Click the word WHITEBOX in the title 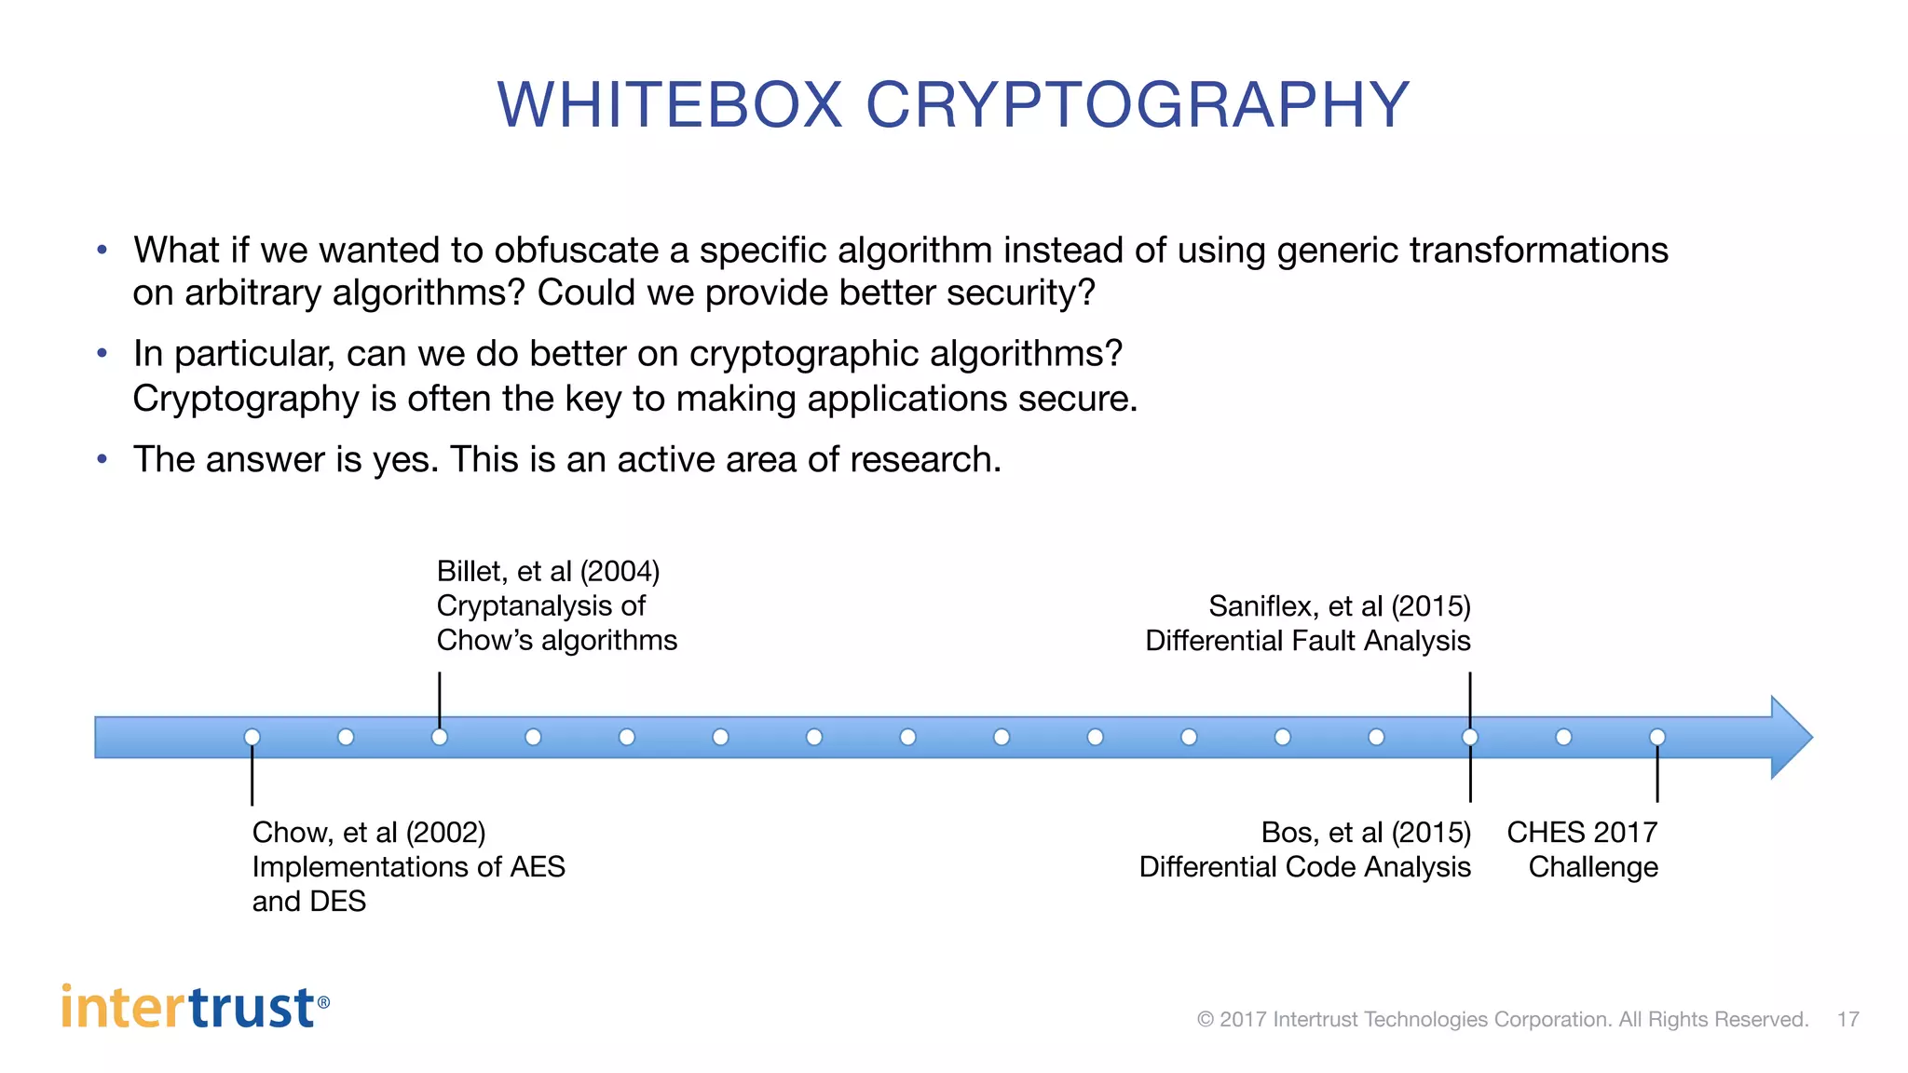pyautogui.click(x=670, y=104)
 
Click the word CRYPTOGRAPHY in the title pyautogui.click(x=1138, y=104)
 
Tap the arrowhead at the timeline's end pyautogui.click(x=1791, y=737)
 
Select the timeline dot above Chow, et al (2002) pyautogui.click(x=252, y=737)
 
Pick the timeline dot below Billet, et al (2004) pyautogui.click(x=440, y=737)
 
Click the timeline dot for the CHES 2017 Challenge pyautogui.click(x=1657, y=737)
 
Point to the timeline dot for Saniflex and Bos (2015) pyautogui.click(x=1470, y=737)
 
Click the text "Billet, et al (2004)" pyautogui.click(x=548, y=571)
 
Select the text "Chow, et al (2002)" pyautogui.click(x=369, y=832)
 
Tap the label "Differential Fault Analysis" pyautogui.click(x=1307, y=641)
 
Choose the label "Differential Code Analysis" pyautogui.click(x=1304, y=867)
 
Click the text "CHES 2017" pyautogui.click(x=1582, y=832)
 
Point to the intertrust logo pyautogui.click(x=195, y=1008)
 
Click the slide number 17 pyautogui.click(x=1848, y=1019)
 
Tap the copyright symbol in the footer pyautogui.click(x=1206, y=1019)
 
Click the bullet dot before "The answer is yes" pyautogui.click(x=102, y=459)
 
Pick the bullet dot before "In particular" pyautogui.click(x=102, y=354)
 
